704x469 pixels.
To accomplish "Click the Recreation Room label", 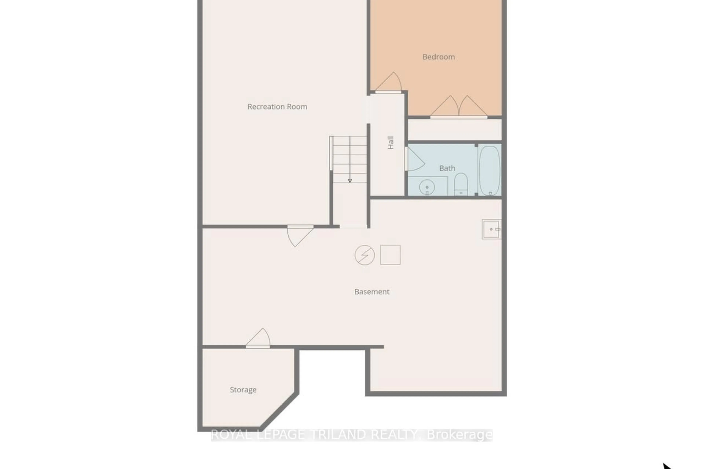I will coord(277,107).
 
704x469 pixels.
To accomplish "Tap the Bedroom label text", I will coord(438,57).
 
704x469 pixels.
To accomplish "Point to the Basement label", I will coord(372,292).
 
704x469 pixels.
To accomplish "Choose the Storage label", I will coord(243,390).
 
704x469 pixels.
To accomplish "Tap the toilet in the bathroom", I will coord(461,184).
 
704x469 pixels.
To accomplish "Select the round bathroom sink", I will coord(427,187).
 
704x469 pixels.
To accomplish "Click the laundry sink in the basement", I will coord(491,229).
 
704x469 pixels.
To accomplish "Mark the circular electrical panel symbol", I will coord(364,255).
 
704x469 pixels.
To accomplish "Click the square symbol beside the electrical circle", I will coord(390,255).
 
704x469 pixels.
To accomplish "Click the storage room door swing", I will coord(259,338).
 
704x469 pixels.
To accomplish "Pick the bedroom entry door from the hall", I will coord(389,83).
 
